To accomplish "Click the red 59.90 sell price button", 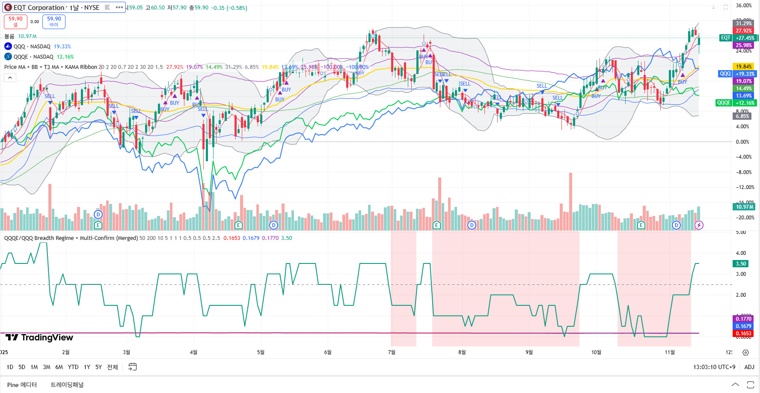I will click(15, 21).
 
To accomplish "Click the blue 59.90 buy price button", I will click(54, 21).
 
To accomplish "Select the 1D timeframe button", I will click(10, 367).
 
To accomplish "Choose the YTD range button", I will click(73, 367).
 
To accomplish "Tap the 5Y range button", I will click(98, 367).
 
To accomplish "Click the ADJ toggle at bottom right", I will click(749, 367).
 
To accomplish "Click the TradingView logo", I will click(39, 337).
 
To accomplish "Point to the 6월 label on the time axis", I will click(328, 352).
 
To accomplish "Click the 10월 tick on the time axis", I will click(596, 352).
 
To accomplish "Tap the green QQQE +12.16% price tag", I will click(736, 103).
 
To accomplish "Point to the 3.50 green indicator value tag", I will click(741, 264).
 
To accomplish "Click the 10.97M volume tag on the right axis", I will click(744, 207).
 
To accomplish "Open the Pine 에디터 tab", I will click(22, 384).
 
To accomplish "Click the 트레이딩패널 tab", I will click(67, 384).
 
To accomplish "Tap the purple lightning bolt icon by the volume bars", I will click(699, 225).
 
